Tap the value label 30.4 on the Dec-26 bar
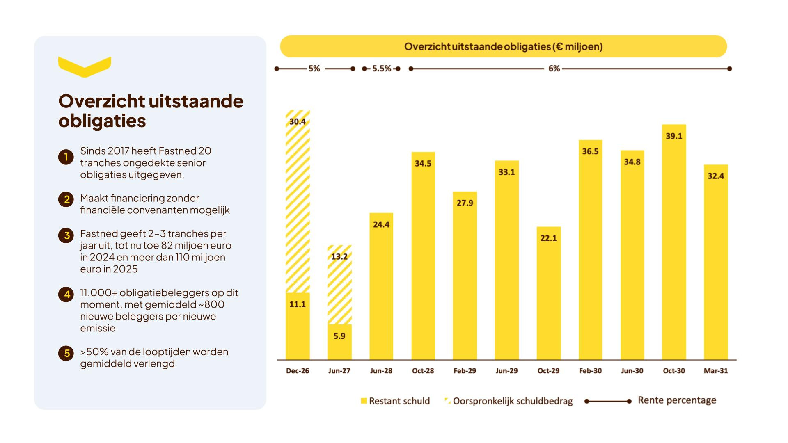coord(298,121)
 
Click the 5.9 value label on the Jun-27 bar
coord(339,336)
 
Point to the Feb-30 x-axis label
coord(590,371)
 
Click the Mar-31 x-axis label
coord(716,371)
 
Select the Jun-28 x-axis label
coord(381,371)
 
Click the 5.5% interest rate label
coord(382,69)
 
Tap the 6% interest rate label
coord(554,69)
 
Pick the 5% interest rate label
coord(314,69)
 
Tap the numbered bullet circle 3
coord(66,235)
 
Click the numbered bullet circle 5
coord(66,353)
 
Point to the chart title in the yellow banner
coord(503,46)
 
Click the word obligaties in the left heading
coord(102,121)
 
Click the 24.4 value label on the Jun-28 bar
coord(381,224)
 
